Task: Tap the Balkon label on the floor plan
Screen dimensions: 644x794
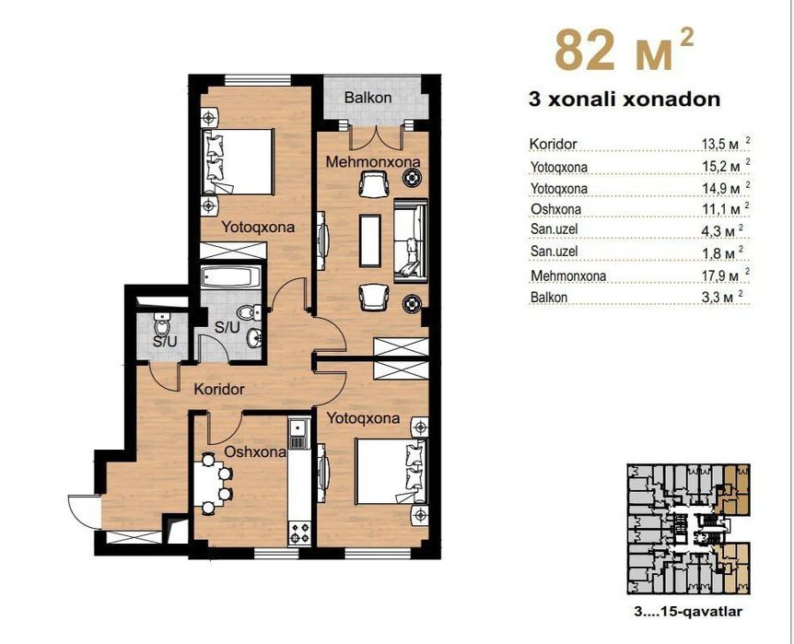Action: pyautogui.click(x=368, y=97)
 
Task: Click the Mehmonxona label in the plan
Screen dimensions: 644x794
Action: pyautogui.click(x=374, y=162)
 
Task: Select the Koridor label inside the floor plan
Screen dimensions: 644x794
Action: pyautogui.click(x=219, y=389)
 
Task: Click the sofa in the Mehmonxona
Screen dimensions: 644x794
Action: pyautogui.click(x=410, y=241)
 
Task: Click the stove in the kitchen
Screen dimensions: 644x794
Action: pyautogui.click(x=299, y=533)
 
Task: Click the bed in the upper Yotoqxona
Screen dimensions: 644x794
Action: pyautogui.click(x=239, y=160)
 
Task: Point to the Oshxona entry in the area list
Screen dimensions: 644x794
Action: pyautogui.click(x=555, y=209)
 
